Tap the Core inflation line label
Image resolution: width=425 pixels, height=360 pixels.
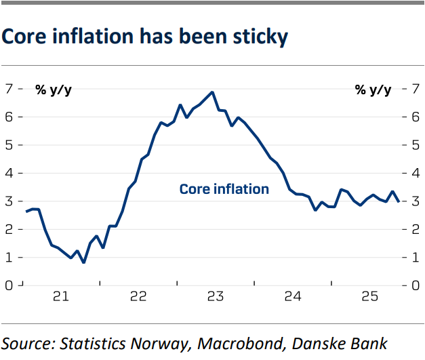point(224,189)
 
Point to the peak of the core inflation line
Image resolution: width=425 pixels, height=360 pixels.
point(212,92)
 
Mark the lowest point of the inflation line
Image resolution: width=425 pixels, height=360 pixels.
point(83,262)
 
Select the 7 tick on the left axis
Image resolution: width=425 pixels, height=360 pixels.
point(9,89)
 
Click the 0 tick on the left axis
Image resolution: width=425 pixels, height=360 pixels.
point(9,285)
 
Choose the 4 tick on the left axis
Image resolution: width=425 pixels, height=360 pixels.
point(9,173)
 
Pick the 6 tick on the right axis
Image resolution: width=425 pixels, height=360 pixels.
point(414,117)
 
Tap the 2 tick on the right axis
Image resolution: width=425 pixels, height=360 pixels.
point(414,229)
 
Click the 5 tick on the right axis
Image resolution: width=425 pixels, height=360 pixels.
point(414,145)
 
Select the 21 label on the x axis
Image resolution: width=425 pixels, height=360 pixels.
point(61,298)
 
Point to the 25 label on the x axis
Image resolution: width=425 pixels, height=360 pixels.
point(369,298)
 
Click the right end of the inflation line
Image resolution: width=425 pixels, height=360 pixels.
point(398,201)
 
